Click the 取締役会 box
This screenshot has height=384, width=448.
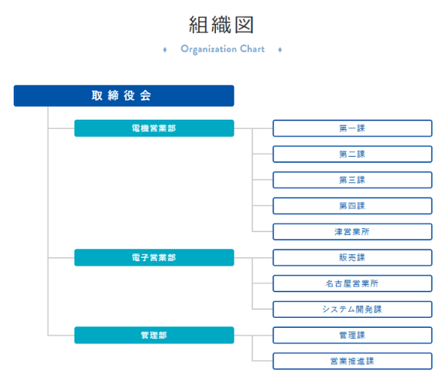[x=124, y=96]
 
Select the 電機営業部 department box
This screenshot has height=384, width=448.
[x=154, y=128]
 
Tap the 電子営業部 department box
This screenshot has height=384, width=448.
[x=154, y=257]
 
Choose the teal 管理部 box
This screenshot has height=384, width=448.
[x=154, y=335]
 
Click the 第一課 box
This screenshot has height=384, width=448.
[x=352, y=128]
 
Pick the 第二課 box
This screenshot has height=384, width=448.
[x=352, y=154]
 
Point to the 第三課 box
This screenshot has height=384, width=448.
[x=352, y=180]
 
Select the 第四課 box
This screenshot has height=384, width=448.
[x=352, y=206]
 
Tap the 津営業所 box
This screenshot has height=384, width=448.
[x=352, y=231]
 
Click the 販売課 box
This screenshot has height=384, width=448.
[x=352, y=257]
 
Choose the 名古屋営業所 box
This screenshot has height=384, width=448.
[x=352, y=283]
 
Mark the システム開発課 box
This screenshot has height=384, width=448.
[x=352, y=310]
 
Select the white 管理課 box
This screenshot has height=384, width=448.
[x=352, y=335]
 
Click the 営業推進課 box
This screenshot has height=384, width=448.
[x=352, y=361]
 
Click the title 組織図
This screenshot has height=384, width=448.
[x=221, y=25]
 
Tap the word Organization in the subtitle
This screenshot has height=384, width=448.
[x=208, y=49]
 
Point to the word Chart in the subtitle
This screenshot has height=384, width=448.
[x=252, y=49]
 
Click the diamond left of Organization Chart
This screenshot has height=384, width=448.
[x=165, y=50]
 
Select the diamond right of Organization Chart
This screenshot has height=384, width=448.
[x=280, y=50]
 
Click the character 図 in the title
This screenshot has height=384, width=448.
[x=244, y=25]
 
